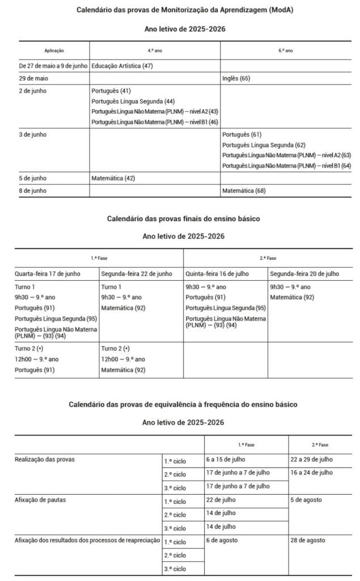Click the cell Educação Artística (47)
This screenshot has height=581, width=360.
tap(122, 66)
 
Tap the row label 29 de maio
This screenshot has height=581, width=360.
tap(32, 78)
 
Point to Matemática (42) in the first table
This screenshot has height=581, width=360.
tap(114, 178)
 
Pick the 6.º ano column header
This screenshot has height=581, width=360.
tap(286, 50)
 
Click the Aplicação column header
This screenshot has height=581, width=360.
tap(54, 50)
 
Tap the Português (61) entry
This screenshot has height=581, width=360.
tap(242, 134)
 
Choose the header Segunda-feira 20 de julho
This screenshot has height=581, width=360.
tap(304, 273)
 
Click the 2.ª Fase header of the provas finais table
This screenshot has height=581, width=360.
tap(268, 258)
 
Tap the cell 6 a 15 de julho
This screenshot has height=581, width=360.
tap(226, 459)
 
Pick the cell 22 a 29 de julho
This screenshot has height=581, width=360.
tap(311, 459)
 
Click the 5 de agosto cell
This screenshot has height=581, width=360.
tap(306, 499)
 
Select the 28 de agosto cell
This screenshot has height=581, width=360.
tap(308, 540)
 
